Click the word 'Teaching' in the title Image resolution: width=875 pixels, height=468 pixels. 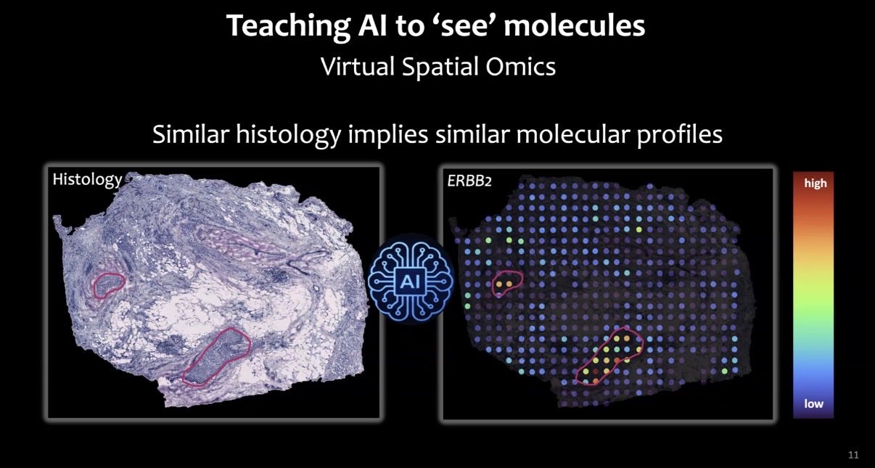click(288, 27)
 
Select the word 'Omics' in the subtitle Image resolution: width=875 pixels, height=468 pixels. click(521, 66)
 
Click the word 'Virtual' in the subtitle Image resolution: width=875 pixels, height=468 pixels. click(358, 66)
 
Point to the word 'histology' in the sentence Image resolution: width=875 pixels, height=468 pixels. click(289, 135)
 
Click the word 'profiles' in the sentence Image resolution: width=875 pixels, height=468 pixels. click(679, 135)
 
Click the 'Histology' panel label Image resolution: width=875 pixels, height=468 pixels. click(87, 180)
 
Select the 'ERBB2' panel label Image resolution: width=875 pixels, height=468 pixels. click(469, 181)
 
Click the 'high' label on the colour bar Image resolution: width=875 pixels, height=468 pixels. click(816, 183)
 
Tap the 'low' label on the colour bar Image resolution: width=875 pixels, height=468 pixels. click(813, 403)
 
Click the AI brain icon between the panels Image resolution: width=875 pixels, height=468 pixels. click(411, 279)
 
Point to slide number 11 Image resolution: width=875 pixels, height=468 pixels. click(853, 455)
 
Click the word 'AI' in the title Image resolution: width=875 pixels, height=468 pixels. click(373, 25)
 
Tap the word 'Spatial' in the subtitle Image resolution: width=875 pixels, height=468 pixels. click(440, 67)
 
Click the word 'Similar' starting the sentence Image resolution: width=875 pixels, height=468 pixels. click(191, 134)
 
